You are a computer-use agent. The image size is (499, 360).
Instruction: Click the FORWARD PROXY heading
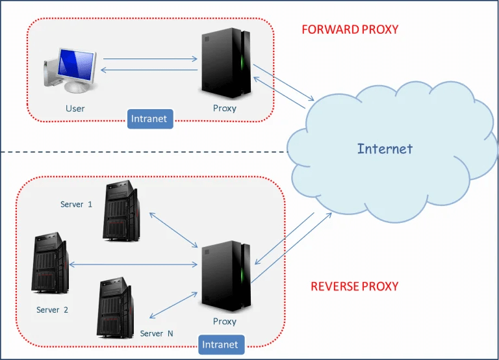(x=350, y=29)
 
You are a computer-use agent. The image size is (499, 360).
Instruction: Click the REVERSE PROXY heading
(x=355, y=286)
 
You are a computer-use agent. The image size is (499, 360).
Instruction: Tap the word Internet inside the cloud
(x=385, y=149)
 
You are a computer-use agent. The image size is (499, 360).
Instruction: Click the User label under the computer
(x=75, y=109)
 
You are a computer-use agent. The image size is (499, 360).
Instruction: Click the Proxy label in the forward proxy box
(x=225, y=109)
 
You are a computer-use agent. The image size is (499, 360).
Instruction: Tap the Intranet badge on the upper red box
(x=149, y=119)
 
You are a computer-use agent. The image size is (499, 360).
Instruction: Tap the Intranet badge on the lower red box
(x=221, y=344)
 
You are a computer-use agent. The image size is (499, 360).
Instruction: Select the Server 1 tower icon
(x=121, y=211)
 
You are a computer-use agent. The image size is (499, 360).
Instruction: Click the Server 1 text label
(x=76, y=204)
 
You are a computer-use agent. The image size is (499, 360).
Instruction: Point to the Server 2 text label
(x=52, y=310)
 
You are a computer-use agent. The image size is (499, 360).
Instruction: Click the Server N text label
(x=157, y=333)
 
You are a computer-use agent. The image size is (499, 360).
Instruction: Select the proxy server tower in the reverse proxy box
(x=225, y=276)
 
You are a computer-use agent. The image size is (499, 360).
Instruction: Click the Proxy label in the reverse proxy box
(x=225, y=322)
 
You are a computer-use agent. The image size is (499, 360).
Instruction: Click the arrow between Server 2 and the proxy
(x=133, y=264)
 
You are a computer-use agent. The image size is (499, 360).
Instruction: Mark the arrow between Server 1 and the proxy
(x=173, y=229)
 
